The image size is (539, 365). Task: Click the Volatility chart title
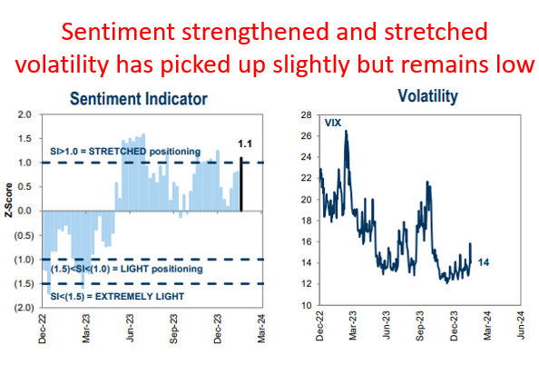point(426,94)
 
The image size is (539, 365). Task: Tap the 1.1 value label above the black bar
point(244,143)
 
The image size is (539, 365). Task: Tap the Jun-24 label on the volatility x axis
point(519,326)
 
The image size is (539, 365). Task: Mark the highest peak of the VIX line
point(346,132)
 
